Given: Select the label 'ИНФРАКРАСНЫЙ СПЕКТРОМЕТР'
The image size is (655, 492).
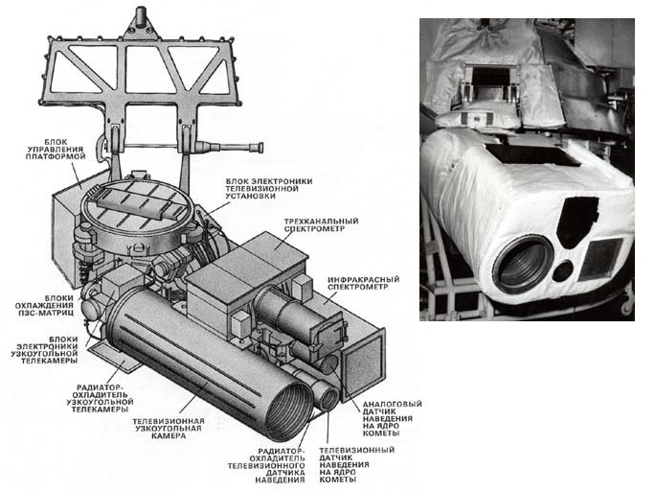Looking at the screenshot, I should (x=363, y=284).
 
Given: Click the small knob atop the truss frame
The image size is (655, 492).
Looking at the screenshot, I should (x=141, y=16).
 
